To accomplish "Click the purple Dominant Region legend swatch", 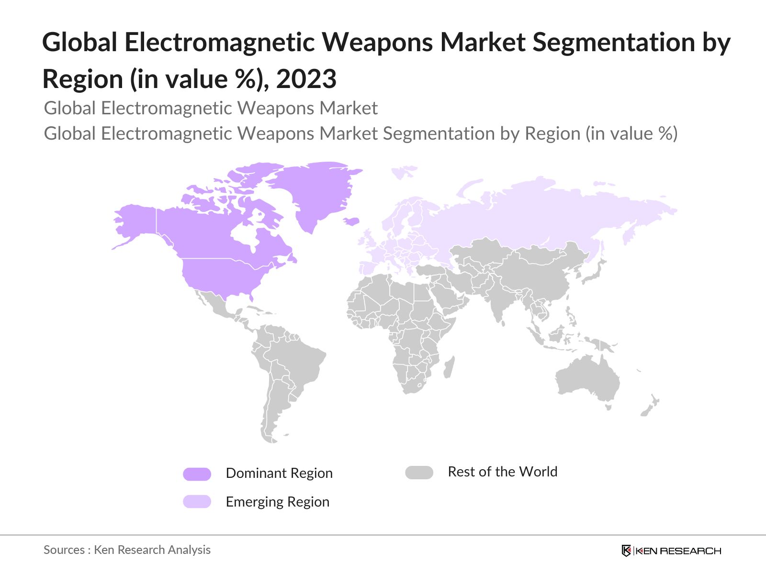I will click(x=197, y=474).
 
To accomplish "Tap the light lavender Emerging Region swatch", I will click(x=197, y=501).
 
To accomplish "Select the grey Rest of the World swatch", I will click(x=419, y=473).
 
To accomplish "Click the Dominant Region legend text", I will click(x=279, y=473).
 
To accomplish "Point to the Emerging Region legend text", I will click(x=278, y=502).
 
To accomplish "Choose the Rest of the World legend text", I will click(x=502, y=472).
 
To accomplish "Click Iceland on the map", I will click(x=351, y=221).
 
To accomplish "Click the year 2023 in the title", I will click(x=306, y=78).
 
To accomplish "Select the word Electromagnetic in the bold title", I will click(x=221, y=42).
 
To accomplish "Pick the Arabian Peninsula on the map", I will click(x=448, y=297).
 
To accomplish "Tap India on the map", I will click(x=498, y=306).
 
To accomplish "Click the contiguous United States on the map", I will click(x=220, y=277).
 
